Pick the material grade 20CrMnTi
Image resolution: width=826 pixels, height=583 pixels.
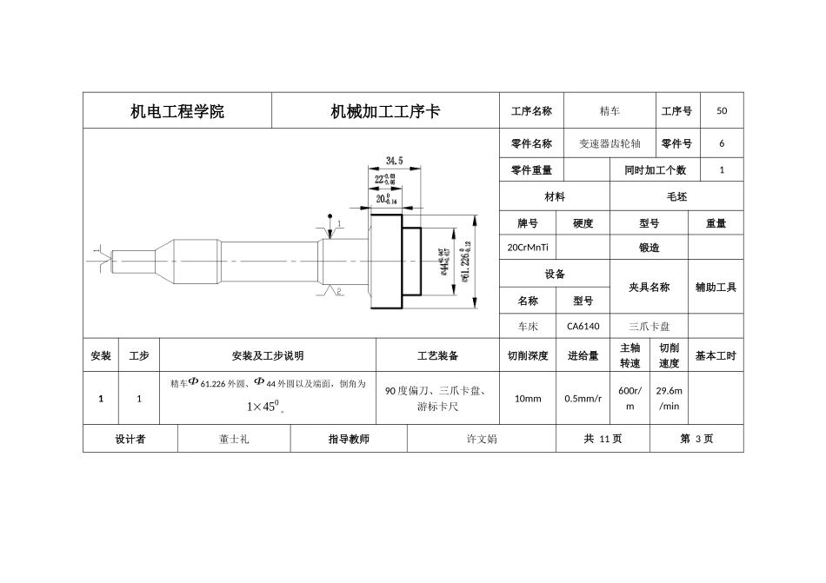tap(527, 248)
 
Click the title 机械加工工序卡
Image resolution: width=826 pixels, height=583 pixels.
tap(385, 111)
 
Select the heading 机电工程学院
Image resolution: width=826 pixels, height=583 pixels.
tap(177, 111)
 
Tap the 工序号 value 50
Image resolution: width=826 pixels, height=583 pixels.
tap(722, 111)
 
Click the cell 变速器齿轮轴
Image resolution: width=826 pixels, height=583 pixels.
tap(610, 144)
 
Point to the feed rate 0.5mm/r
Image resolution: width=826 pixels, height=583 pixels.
tap(583, 399)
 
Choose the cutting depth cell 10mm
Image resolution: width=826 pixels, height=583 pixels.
tap(528, 399)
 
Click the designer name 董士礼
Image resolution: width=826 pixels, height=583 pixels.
tap(234, 440)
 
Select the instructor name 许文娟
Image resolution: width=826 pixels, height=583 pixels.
tap(482, 440)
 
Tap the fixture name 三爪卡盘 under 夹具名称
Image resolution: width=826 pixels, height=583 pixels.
tap(649, 327)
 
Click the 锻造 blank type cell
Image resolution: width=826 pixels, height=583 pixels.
tap(649, 248)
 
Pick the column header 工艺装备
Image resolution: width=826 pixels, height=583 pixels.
tap(437, 356)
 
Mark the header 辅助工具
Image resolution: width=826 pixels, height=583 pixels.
tap(716, 287)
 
